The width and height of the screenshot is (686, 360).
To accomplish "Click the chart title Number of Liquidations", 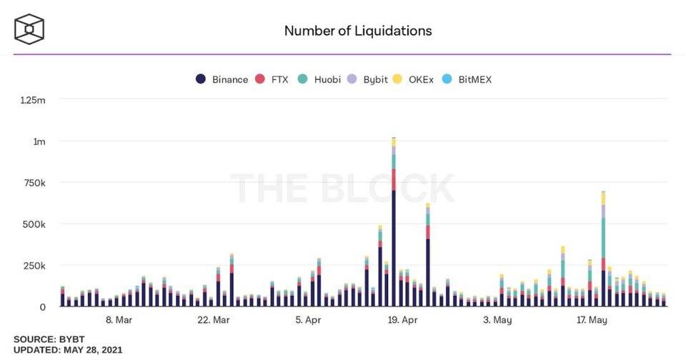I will (x=358, y=31).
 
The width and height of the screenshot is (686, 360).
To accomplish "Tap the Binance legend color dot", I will (x=201, y=79).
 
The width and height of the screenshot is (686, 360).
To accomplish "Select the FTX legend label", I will (x=279, y=79).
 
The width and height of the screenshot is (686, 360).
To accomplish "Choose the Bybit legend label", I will (x=375, y=79).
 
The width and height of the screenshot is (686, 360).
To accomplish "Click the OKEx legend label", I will (x=421, y=79).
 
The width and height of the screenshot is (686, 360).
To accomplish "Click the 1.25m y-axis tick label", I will (x=33, y=101).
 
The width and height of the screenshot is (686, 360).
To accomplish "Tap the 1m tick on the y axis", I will (x=39, y=141).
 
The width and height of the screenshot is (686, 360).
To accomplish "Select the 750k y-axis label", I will (x=34, y=183).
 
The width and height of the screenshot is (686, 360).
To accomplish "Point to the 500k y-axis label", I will (x=34, y=224).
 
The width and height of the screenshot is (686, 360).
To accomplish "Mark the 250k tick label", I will (x=34, y=266).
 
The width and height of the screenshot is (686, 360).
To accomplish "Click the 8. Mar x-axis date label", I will (x=119, y=320).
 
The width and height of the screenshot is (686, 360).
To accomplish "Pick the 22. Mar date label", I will (x=213, y=320).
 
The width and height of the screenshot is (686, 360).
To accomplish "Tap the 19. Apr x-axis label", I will (x=402, y=320).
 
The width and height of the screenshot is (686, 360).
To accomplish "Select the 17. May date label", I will (x=592, y=320).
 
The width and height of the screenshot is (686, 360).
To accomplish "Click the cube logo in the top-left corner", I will (x=30, y=29).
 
